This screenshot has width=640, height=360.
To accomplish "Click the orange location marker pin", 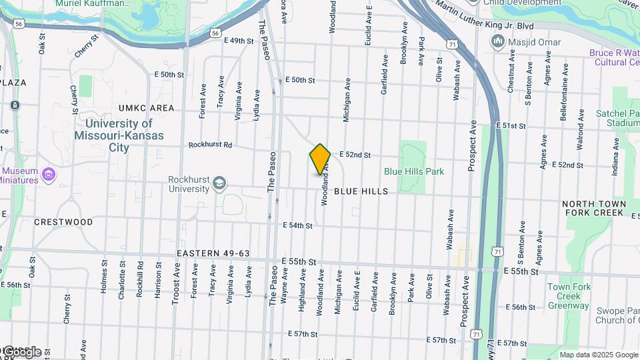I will pos(320,159).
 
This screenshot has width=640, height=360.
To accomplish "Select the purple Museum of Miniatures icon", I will pos(47,175).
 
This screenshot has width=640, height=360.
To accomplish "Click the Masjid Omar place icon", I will pos(497,42).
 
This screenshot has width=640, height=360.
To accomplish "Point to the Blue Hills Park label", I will pos(413,171).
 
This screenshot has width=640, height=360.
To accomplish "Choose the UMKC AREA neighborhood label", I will pos(146,108).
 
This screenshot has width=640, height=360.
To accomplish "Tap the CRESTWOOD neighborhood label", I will pos(63,222).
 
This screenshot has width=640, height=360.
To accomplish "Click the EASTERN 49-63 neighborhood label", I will pos(213,254).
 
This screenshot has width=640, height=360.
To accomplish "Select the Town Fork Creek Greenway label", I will pos(569,297).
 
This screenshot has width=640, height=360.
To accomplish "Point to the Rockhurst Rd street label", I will pos(210,144).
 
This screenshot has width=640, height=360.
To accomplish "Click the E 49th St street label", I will pos(239,41).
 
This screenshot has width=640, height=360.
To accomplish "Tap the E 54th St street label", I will pos(297,226).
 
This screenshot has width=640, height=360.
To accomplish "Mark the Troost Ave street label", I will pos(177,283).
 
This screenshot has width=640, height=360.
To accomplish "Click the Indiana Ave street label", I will pos(615,158).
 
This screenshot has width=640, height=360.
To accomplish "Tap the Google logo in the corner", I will pos(21,352).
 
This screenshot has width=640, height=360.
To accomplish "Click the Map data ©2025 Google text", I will pos(599,355).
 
